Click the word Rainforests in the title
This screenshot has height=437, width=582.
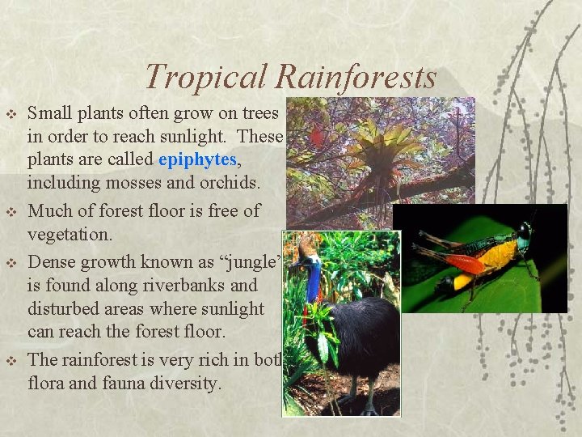(356, 77)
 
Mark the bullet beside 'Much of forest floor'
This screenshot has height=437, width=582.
(11, 211)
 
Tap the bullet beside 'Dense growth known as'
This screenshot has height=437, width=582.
(11, 262)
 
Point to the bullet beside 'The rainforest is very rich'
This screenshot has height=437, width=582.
(11, 360)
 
